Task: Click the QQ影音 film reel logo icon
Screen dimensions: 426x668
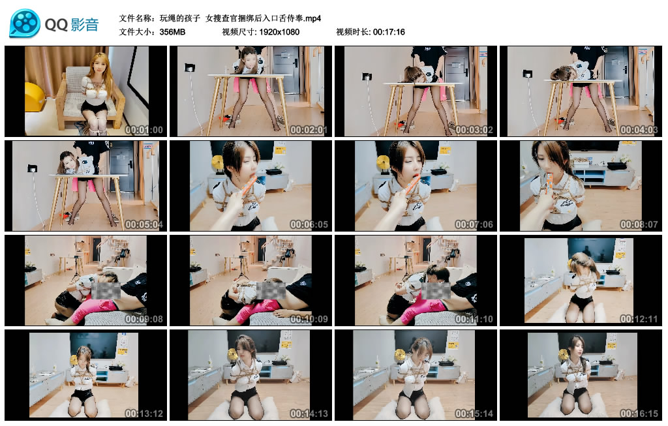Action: (x=25, y=23)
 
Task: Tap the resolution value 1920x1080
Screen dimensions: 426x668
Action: (x=279, y=31)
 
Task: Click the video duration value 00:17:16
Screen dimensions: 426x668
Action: (x=389, y=31)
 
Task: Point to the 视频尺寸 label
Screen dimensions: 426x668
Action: (x=238, y=31)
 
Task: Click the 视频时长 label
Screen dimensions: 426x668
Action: (x=353, y=31)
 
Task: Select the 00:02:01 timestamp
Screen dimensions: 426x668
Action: (x=309, y=130)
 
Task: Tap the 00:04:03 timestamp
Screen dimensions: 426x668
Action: (x=639, y=130)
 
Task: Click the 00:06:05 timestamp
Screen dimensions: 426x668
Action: (x=309, y=224)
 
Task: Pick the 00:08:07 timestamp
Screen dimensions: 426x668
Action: (x=639, y=224)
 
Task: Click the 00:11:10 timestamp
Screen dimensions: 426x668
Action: (x=474, y=319)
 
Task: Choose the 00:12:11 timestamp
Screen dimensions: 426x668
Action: (x=639, y=319)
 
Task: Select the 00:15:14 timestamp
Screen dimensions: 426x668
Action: (x=474, y=414)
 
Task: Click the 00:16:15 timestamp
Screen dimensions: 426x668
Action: (x=639, y=414)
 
